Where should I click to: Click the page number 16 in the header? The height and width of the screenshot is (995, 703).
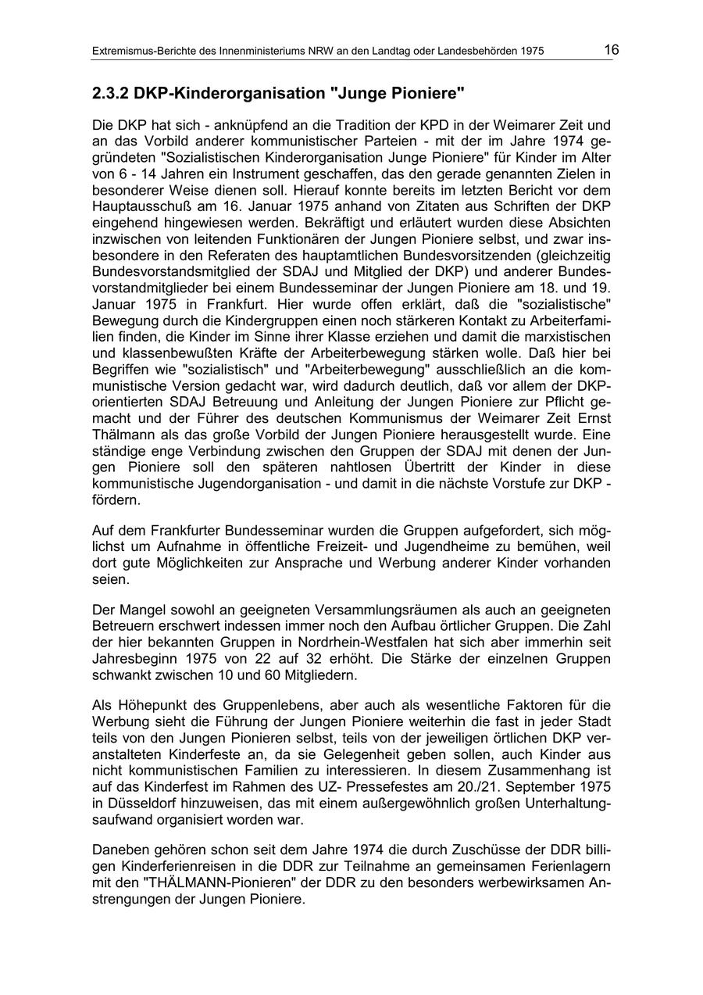point(611,50)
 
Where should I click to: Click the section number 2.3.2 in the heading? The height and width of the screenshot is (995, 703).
point(110,94)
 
